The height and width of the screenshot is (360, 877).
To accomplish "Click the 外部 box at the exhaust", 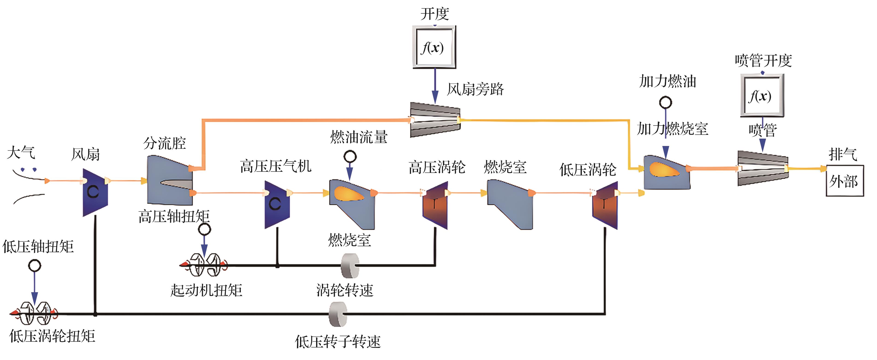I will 845,181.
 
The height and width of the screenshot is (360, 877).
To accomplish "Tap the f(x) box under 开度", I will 434,47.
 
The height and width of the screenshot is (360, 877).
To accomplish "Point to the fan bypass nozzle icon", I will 435,120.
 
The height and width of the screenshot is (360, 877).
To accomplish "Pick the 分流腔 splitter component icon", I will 169,181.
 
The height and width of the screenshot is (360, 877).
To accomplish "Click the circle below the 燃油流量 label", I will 350,157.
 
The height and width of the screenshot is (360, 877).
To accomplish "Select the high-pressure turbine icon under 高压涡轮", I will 435,205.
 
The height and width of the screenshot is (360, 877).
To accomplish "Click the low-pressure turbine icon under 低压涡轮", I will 605,205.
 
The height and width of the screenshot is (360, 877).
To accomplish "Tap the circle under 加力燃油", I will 666,102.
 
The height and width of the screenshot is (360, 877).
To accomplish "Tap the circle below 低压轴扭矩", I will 34,265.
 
